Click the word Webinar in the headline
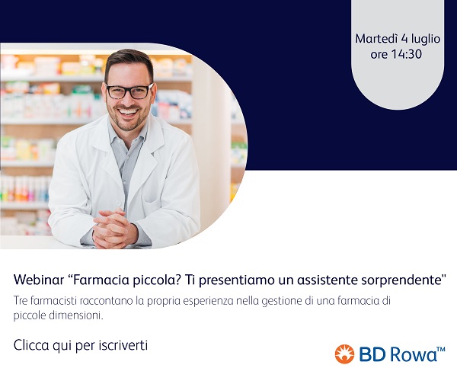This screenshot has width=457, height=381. [x=39, y=280]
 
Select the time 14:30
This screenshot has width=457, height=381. [x=406, y=54]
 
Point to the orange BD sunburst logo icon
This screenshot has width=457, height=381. [x=344, y=354]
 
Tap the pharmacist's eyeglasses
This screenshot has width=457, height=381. [x=129, y=91]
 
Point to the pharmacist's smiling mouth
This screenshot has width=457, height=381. [x=129, y=112]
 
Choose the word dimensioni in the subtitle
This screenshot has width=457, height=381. [x=75, y=315]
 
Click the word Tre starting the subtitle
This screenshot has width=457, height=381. [x=21, y=301]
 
